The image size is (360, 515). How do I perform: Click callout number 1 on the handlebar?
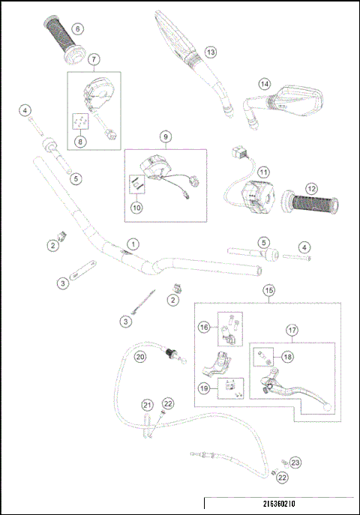click(133, 244)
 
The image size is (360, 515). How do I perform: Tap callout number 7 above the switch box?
click(94, 58)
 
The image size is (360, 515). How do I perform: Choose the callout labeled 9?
click(165, 136)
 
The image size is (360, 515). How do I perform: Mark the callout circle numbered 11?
click(262, 172)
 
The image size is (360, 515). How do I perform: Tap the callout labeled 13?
click(210, 52)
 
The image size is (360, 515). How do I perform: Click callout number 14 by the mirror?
click(263, 84)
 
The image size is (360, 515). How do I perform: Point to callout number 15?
click(268, 289)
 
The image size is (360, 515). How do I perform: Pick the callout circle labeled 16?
click(202, 327)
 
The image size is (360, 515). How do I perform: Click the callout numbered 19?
click(203, 388)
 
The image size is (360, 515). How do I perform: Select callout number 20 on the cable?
click(139, 358)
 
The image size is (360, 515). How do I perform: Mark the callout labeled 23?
click(295, 463)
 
